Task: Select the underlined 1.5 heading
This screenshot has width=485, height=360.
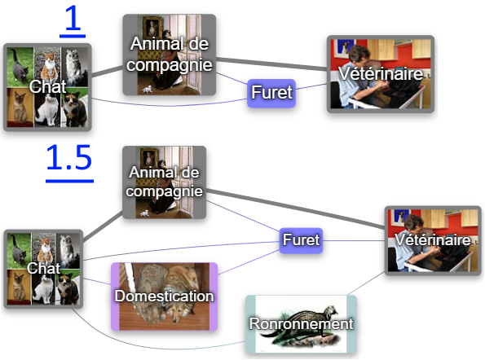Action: click(69, 162)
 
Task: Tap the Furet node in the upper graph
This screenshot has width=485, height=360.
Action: click(271, 93)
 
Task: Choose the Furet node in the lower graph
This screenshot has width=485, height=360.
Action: click(301, 240)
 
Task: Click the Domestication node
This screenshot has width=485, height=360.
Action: click(164, 296)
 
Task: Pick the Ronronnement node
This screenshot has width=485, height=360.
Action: click(301, 324)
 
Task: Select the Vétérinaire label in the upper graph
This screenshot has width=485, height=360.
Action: click(381, 73)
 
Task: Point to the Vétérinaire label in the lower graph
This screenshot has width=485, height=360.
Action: click(433, 240)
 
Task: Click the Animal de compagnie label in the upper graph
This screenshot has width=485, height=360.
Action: click(170, 54)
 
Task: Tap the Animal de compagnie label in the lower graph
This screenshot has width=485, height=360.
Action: click(164, 182)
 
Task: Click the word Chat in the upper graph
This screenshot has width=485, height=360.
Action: click(47, 86)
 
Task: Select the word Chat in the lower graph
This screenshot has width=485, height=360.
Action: click(43, 268)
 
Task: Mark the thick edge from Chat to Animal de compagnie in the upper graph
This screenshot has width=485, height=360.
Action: click(107, 71)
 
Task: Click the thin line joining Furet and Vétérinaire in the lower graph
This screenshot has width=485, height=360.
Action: click(354, 240)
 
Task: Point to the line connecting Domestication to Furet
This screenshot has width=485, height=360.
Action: click(249, 262)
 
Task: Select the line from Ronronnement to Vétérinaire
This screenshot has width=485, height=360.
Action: click(366, 283)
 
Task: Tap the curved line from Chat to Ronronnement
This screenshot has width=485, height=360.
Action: click(148, 344)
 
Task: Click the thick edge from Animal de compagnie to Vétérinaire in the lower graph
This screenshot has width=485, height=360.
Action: click(295, 209)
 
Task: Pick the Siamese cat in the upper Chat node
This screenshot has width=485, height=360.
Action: click(20, 108)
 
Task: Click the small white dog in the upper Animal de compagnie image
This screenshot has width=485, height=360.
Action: click(148, 90)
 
